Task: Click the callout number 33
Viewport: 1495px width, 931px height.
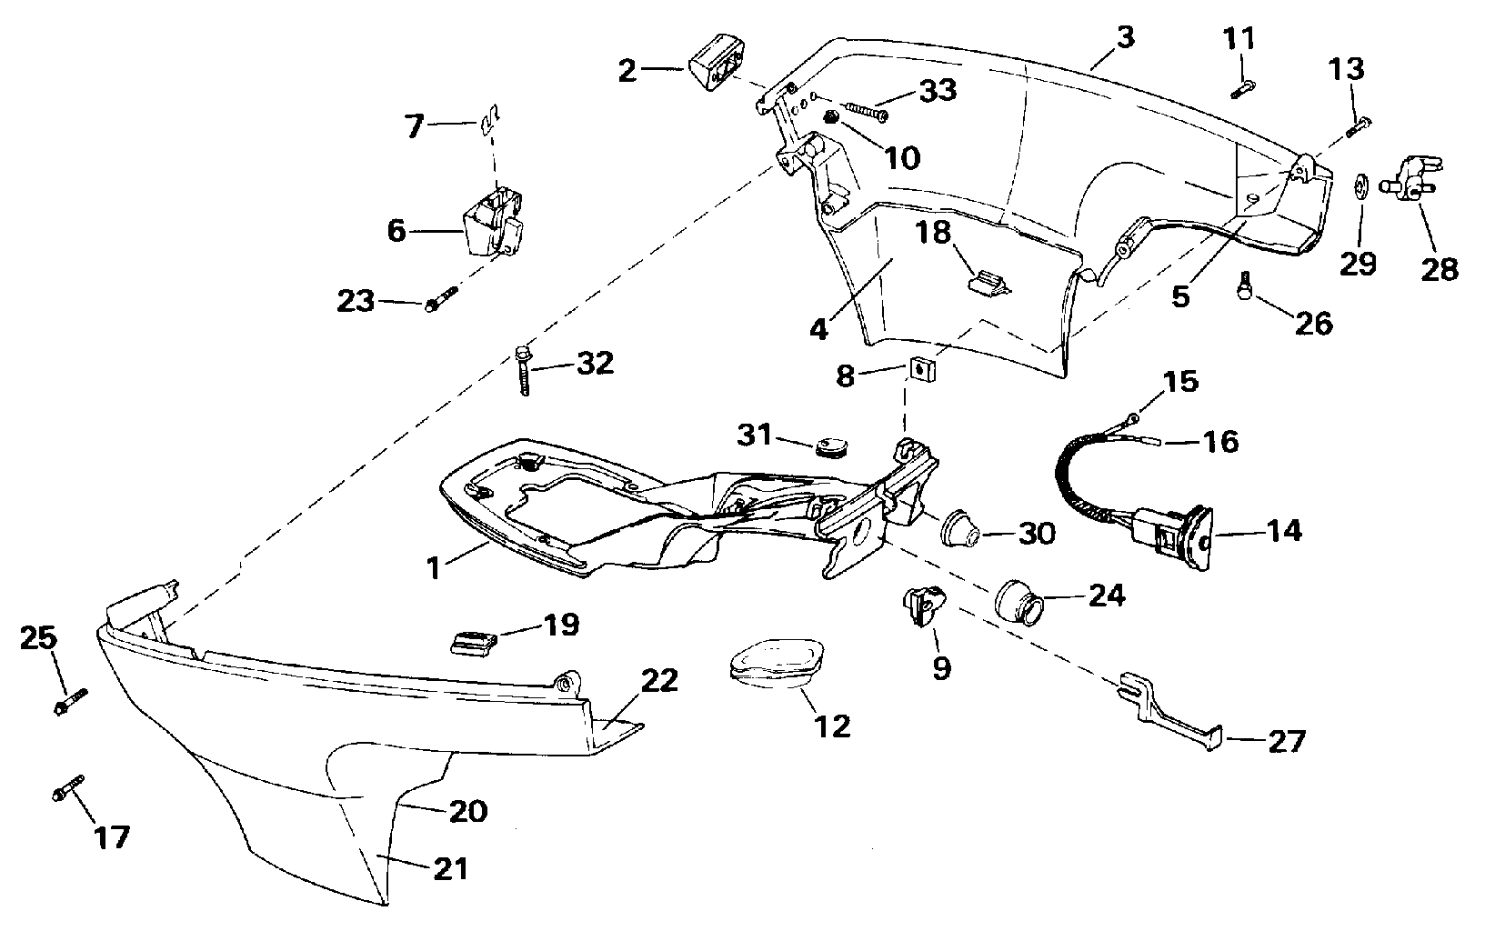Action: point(938,90)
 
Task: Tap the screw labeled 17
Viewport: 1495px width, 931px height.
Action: point(67,788)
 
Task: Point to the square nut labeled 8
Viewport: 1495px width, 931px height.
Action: point(920,369)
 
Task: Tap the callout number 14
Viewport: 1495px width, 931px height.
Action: point(1284,531)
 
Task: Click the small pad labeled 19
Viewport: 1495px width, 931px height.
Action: point(475,641)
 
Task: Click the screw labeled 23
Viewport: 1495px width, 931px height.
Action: point(438,300)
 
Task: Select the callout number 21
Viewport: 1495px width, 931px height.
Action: point(450,869)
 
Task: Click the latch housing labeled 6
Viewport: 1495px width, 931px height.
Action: point(493,226)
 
